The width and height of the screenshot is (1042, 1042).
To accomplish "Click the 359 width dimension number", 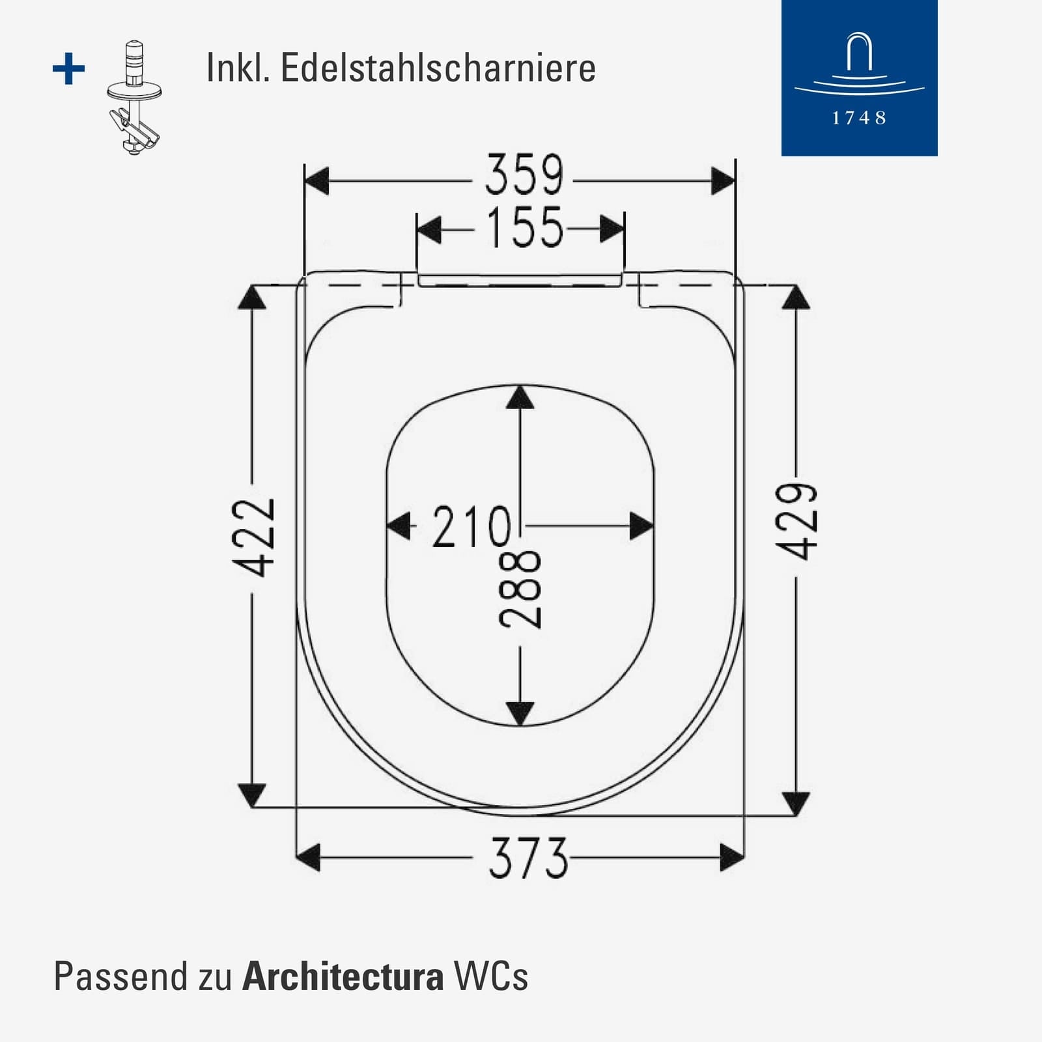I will pos(524,175).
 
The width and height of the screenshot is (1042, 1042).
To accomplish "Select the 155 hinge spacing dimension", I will pos(525,227).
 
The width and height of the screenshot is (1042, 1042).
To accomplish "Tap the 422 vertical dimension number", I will pos(255,538).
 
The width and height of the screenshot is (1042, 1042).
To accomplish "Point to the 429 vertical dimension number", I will pos(796,522).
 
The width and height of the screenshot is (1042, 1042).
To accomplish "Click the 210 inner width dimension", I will pos(472,526).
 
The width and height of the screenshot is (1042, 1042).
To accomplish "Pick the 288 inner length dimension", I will pos(520,589).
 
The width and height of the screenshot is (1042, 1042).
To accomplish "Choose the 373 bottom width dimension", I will pos(528,858).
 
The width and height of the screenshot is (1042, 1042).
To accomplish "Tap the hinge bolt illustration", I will pos(134,98).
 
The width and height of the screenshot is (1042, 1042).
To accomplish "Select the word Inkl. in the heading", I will pos(238,68).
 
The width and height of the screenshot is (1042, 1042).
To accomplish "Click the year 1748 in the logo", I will pos(859,118).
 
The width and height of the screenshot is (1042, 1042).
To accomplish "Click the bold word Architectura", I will pos(343,976).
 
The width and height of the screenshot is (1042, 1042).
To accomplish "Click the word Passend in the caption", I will pos(111,976).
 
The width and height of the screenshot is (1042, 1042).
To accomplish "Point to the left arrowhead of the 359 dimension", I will pos(317,181).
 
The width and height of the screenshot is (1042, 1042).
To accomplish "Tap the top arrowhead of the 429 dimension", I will pos(796,298).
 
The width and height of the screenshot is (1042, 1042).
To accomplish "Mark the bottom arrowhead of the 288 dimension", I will pos(520,714).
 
